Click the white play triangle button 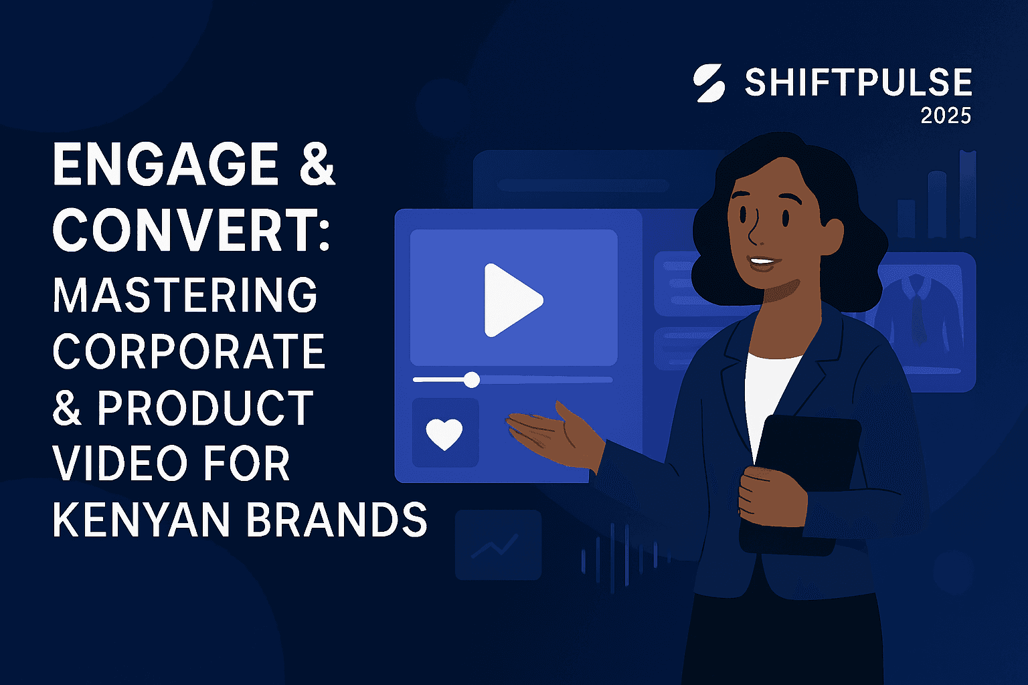[x=511, y=300]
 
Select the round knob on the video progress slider [x=472, y=380]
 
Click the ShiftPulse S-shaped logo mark [x=710, y=84]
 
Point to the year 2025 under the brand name [x=945, y=116]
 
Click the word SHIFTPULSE [x=858, y=83]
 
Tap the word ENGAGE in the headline [x=165, y=165]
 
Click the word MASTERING [x=185, y=295]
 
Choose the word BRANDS [x=337, y=519]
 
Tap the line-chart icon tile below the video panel [x=498, y=545]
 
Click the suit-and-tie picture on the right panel [x=920, y=308]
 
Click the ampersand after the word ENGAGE [x=317, y=165]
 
